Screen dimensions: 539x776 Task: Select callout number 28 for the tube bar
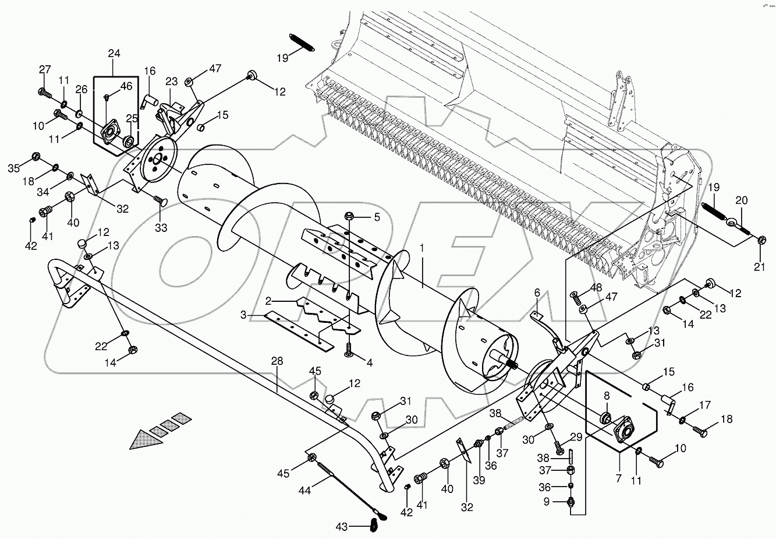pos(277,361)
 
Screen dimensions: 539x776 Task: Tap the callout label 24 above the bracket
pos(114,54)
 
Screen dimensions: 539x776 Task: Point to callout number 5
pos(376,217)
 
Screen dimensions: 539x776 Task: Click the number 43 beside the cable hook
pos(342,527)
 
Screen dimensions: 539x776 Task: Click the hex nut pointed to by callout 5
pos(350,216)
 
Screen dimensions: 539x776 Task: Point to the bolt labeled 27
pos(45,93)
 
